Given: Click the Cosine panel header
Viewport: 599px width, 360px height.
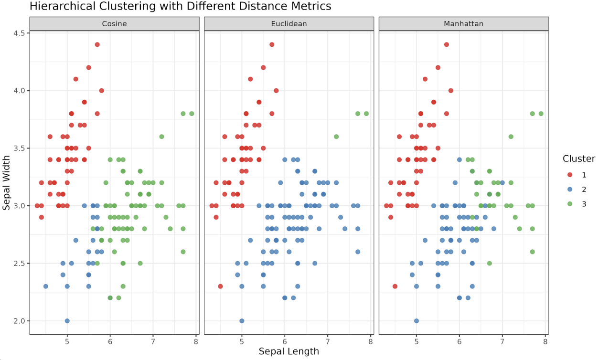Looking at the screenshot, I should click(x=114, y=23).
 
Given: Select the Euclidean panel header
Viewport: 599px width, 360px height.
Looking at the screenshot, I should click(x=289, y=23).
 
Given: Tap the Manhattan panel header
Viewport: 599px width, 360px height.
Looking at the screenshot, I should click(x=463, y=23).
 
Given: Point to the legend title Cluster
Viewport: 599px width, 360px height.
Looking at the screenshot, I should click(x=578, y=159).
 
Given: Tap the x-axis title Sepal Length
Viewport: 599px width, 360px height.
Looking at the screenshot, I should click(x=289, y=351).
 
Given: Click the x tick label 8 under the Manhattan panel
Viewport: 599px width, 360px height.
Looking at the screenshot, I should click(x=546, y=341).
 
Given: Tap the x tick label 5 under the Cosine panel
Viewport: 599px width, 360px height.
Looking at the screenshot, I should click(x=67, y=341).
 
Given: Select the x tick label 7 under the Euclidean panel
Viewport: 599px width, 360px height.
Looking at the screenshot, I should click(x=328, y=341).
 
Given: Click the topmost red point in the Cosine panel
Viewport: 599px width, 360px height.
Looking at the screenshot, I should click(x=97, y=44).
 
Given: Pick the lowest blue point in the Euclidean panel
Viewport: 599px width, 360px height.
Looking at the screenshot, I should click(x=242, y=321).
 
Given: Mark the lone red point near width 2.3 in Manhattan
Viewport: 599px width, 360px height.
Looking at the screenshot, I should click(x=395, y=286).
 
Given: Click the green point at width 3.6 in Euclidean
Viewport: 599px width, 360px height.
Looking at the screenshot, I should click(x=336, y=137).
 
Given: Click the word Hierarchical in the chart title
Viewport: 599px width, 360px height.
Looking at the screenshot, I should click(x=57, y=6).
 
